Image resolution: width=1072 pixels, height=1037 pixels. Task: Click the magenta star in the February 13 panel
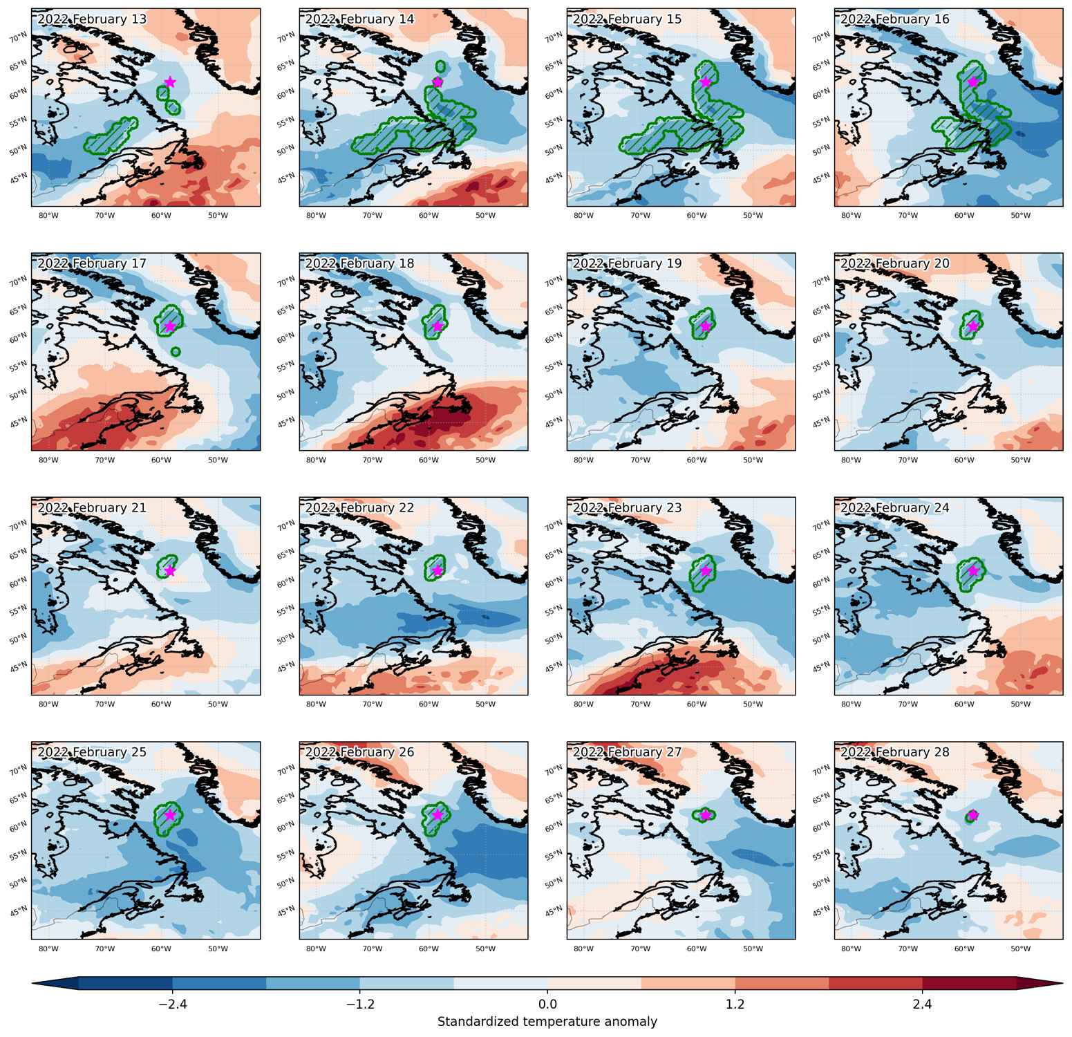tap(170, 82)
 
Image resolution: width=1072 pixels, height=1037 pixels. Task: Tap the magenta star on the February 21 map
tap(170, 570)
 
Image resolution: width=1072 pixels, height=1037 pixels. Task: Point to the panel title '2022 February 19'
tap(628, 263)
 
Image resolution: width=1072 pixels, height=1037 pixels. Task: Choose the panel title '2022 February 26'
tap(359, 751)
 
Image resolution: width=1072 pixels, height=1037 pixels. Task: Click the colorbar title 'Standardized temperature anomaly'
tap(547, 1021)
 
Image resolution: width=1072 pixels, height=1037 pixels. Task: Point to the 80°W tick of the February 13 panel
tap(48, 216)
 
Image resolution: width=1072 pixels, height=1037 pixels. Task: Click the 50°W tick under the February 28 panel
tap(1021, 949)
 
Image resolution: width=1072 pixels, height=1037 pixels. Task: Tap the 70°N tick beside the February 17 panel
tap(19, 280)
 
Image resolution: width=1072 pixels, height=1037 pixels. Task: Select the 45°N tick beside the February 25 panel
tap(19, 910)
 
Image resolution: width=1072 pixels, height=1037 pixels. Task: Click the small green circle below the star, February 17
tap(176, 352)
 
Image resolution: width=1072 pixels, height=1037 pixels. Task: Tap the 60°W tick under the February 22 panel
tap(429, 704)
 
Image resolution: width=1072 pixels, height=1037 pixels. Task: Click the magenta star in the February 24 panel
tap(973, 570)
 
